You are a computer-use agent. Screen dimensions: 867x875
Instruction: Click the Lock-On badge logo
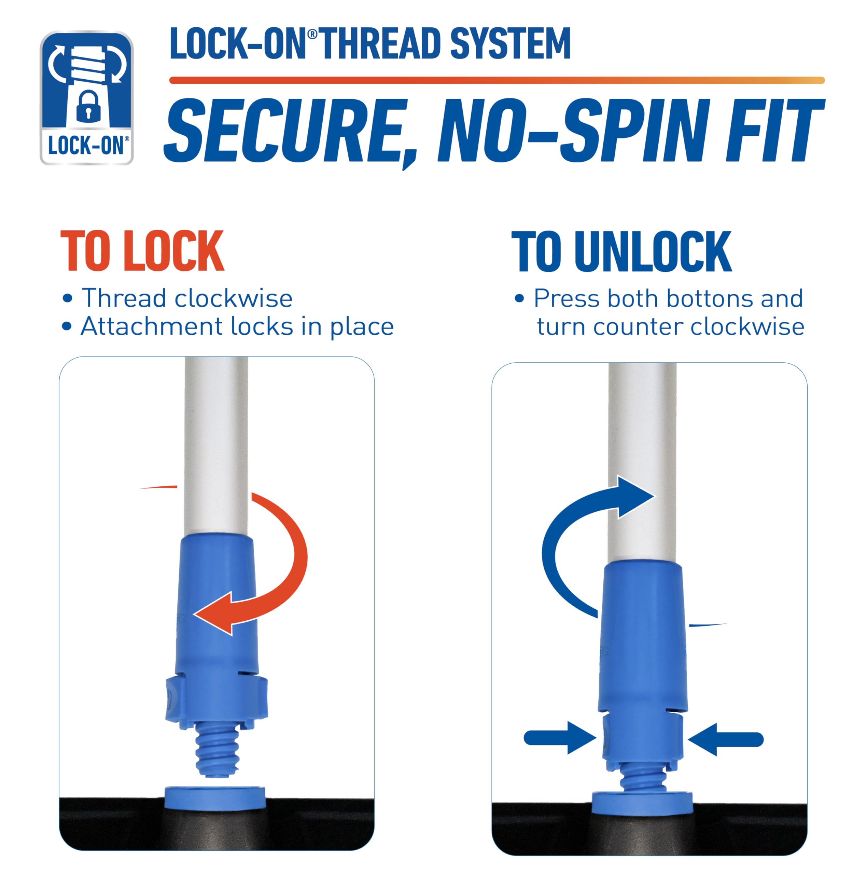[x=86, y=97]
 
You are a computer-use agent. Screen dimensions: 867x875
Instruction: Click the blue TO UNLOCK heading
[x=621, y=251]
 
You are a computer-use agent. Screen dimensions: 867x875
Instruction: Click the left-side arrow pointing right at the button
[x=560, y=738]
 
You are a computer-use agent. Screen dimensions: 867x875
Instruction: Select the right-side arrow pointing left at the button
[x=725, y=739]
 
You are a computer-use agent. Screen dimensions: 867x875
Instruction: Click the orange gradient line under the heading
[x=497, y=80]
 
